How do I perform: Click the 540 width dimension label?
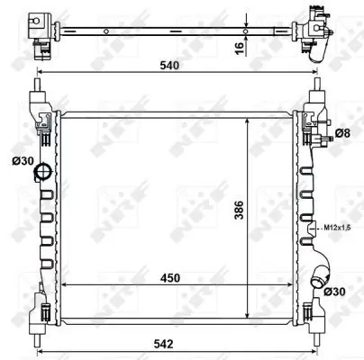169,65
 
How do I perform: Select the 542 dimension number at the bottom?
163,344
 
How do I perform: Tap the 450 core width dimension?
170,278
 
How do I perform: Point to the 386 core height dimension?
239,210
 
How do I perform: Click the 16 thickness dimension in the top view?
239,48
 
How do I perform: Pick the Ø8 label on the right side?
342,133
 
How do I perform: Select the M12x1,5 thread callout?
333,228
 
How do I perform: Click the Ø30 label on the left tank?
23,161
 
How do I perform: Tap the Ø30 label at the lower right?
335,291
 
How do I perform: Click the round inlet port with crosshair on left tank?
43,172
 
